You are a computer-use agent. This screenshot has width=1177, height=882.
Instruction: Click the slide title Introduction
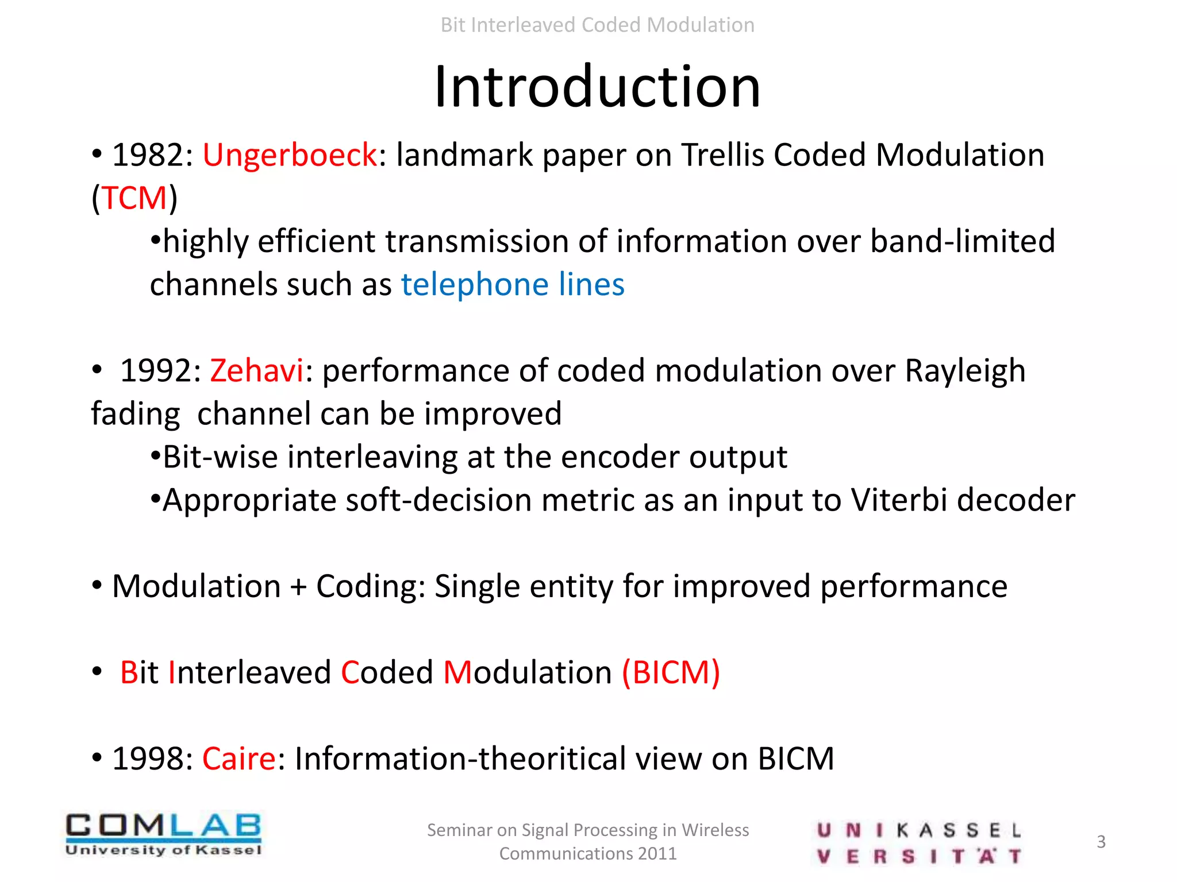(x=597, y=87)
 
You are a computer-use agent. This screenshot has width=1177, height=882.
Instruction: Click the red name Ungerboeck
(x=290, y=156)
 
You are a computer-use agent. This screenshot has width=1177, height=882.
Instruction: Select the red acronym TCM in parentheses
(x=134, y=199)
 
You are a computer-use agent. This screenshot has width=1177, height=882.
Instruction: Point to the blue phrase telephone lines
(x=513, y=285)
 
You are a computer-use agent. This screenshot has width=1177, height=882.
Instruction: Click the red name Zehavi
(x=256, y=371)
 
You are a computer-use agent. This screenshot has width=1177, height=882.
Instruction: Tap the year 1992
(x=155, y=371)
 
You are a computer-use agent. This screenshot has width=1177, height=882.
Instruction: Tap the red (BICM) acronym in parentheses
(x=671, y=672)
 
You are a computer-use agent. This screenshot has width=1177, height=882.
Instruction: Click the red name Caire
(x=239, y=759)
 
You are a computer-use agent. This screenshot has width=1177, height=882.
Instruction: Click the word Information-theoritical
(x=460, y=759)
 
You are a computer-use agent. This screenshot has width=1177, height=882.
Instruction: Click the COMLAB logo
(x=163, y=834)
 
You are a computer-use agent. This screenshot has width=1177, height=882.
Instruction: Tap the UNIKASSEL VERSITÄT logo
(x=918, y=842)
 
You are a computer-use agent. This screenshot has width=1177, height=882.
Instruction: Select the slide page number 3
(x=1101, y=842)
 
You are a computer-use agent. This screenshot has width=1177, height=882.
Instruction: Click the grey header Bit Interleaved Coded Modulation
(x=597, y=25)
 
